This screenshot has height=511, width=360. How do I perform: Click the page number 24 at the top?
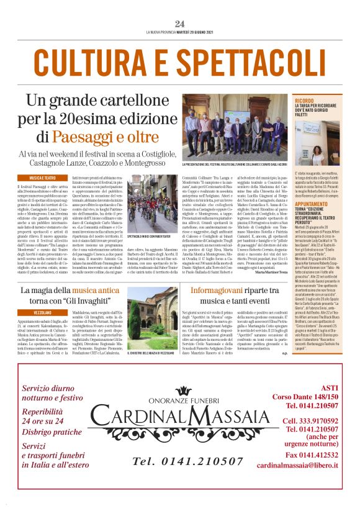coord(180,24)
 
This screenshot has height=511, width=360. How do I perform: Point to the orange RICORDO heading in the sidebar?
coord(305,99)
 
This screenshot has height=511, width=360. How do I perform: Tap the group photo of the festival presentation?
coord(235,127)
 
